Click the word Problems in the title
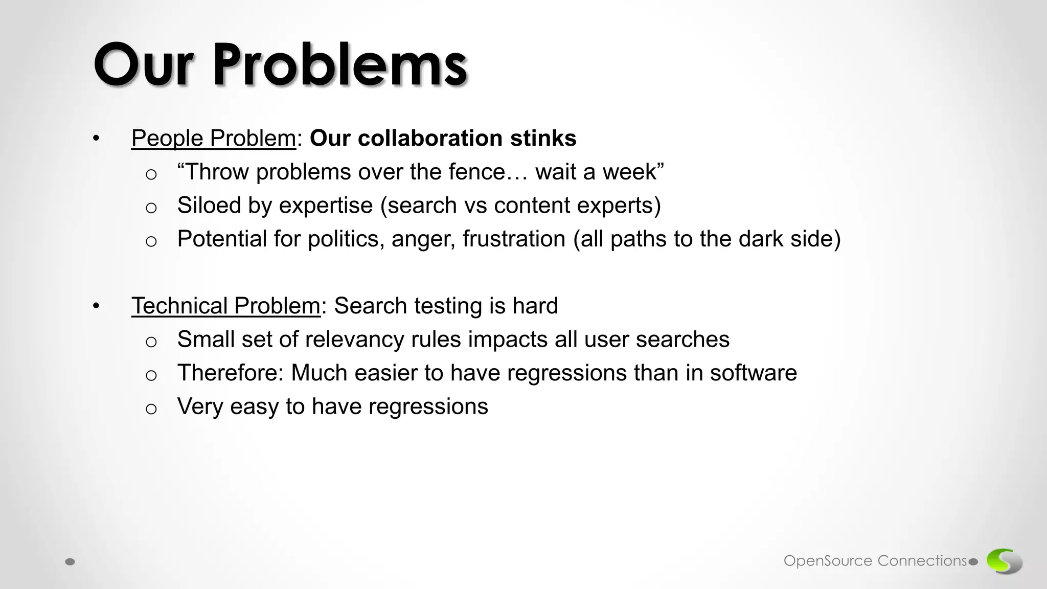click(340, 65)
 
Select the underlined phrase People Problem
click(214, 139)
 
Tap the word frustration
click(514, 239)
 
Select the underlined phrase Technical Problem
click(225, 306)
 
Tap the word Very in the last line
click(200, 407)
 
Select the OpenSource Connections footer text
click(875, 561)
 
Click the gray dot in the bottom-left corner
click(71, 562)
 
